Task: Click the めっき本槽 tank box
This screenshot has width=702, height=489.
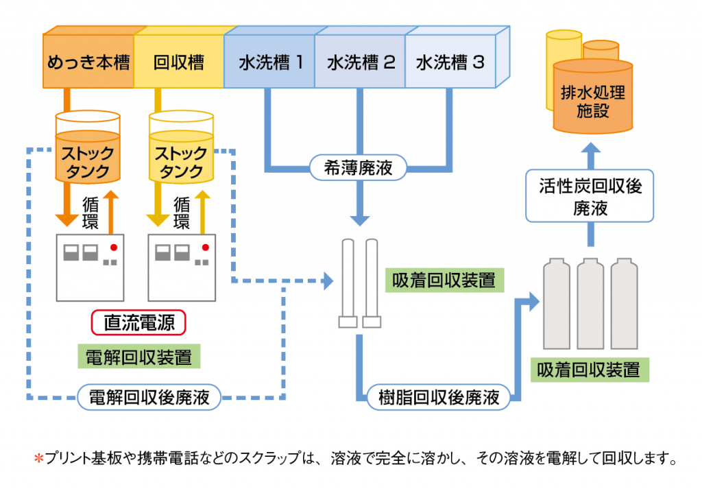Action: coord(88,63)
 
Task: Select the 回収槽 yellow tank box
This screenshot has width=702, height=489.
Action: coord(179,63)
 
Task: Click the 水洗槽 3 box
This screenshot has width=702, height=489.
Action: coord(450,63)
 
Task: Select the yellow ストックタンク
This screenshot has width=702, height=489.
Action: coord(181,154)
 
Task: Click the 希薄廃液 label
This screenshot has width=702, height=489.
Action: coord(358,167)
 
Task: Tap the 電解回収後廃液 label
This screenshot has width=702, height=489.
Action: coord(149,397)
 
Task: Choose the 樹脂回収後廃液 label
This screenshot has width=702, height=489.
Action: coord(439,397)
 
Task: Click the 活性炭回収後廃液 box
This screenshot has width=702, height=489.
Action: coord(590,197)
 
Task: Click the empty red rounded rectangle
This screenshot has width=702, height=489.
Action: coord(139,322)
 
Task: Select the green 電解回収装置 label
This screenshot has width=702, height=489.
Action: coord(138,357)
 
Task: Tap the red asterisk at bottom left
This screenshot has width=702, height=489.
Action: coord(39,457)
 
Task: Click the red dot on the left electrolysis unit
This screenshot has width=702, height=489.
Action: coord(114,247)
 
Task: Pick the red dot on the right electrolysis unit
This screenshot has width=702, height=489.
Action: coord(205,247)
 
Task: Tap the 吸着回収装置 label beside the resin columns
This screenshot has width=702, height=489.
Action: coord(444,280)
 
